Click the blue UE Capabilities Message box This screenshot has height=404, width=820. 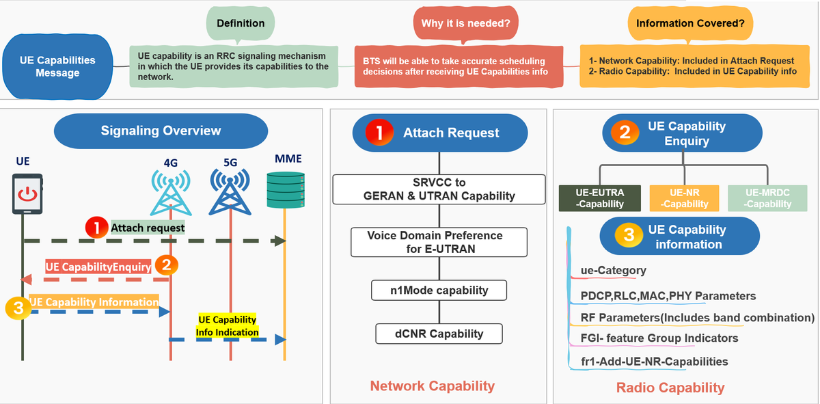(x=57, y=66)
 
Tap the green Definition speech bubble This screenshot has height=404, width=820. (x=241, y=24)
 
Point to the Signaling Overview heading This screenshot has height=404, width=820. (x=161, y=131)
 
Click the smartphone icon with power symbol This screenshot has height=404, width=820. (x=27, y=193)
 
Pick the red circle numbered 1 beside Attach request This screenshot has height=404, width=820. (x=97, y=227)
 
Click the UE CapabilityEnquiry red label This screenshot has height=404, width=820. (x=98, y=267)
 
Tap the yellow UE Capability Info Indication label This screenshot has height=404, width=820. (x=228, y=326)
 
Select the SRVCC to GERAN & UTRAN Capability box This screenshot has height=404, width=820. (x=439, y=189)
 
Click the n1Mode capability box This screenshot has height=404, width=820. (x=439, y=290)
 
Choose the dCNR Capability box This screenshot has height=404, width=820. (x=439, y=334)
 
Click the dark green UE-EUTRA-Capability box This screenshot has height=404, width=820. (x=601, y=198)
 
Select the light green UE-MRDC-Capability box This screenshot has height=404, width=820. (x=767, y=198)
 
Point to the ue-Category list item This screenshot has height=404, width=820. (x=613, y=271)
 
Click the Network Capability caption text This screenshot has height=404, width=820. (x=432, y=386)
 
